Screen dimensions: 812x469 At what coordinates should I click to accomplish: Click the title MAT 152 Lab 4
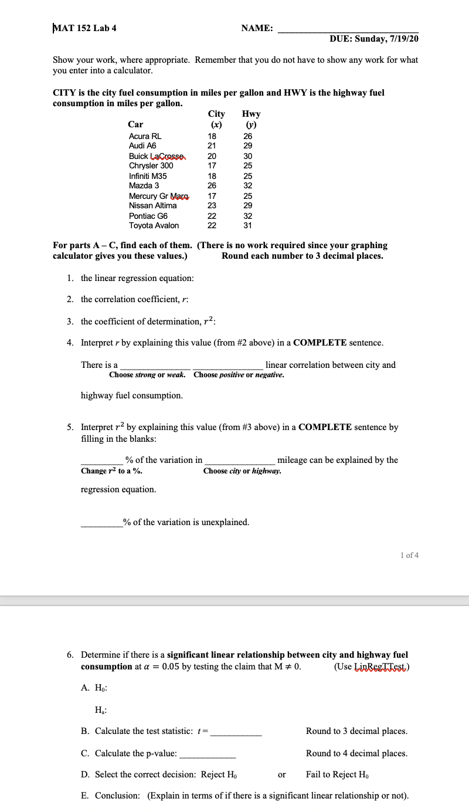tap(85, 28)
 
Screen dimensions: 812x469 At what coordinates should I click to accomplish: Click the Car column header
tap(135, 124)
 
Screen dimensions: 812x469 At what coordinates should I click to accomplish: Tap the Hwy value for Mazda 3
tap(248, 185)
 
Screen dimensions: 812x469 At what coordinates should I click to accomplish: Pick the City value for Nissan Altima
tap(212, 205)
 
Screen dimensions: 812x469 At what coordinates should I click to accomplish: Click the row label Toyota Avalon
tap(154, 225)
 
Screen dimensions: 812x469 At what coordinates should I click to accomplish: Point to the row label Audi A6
tap(142, 146)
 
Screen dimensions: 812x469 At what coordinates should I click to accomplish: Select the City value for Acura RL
tap(212, 136)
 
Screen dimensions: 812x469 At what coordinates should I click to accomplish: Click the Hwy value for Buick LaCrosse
tap(248, 156)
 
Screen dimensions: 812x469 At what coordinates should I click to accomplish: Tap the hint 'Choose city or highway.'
tap(242, 471)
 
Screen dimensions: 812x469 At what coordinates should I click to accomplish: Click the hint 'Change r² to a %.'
tap(111, 471)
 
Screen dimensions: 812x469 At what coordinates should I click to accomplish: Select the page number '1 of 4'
tap(409, 555)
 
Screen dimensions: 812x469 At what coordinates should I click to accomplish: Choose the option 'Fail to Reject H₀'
tap(337, 774)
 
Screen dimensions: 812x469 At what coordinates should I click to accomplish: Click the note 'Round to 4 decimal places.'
tap(356, 753)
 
